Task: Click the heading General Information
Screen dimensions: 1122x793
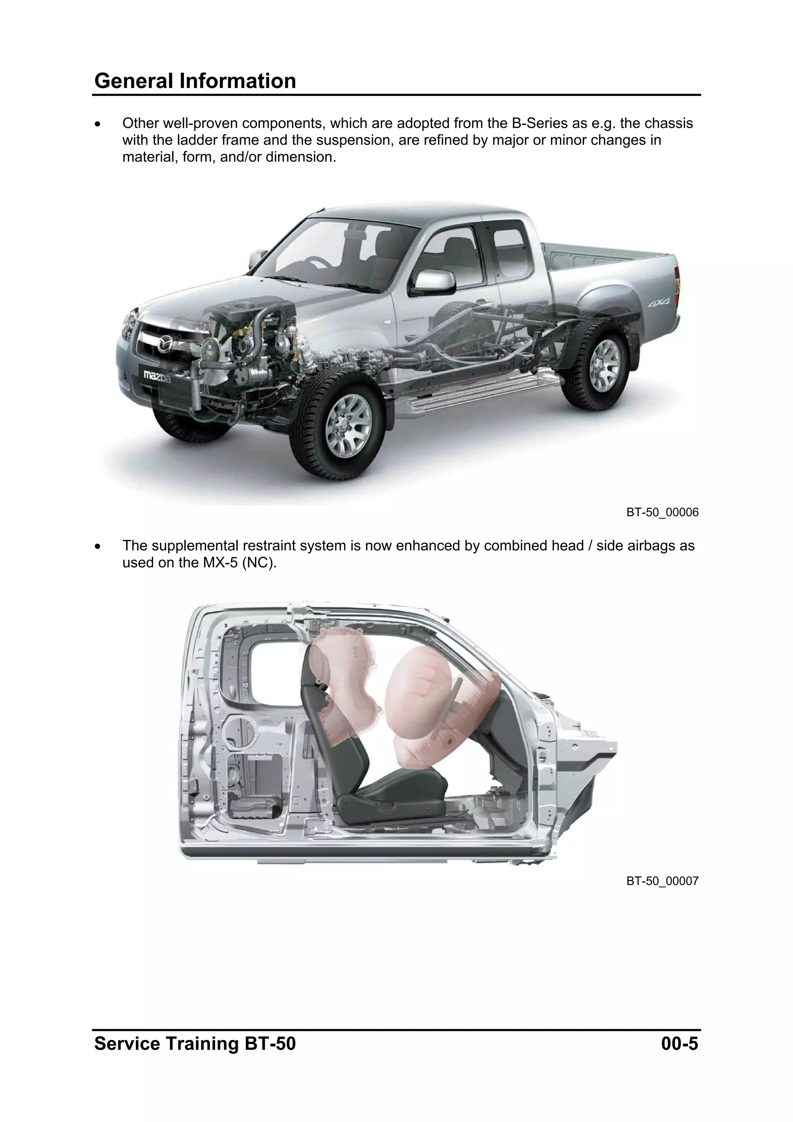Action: (195, 81)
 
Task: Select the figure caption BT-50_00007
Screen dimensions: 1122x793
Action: (662, 881)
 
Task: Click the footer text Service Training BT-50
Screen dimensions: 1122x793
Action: (195, 1044)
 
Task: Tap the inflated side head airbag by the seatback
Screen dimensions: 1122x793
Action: (347, 684)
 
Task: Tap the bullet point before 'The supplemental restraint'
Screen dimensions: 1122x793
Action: (99, 546)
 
